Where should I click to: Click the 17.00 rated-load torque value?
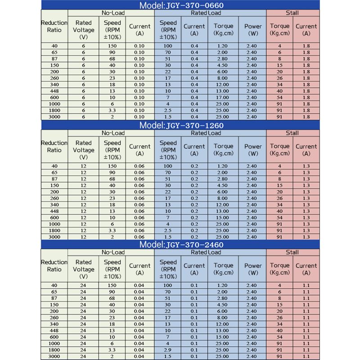(x=223, y=97)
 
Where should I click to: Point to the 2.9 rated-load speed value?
(x=168, y=350)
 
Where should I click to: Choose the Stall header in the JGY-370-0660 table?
(x=292, y=13)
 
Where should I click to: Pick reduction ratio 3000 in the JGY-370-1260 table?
(x=54, y=237)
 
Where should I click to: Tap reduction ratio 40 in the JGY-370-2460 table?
(x=54, y=285)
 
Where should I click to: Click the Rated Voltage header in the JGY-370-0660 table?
(x=83, y=30)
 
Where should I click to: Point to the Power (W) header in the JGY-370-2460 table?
(x=253, y=269)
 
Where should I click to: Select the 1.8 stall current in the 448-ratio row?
(x=306, y=91)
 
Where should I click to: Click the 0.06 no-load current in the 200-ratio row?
(x=139, y=192)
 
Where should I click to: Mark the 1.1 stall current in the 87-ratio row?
(x=306, y=298)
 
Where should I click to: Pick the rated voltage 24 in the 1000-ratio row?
(x=83, y=343)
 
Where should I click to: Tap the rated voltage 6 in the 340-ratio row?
(x=83, y=85)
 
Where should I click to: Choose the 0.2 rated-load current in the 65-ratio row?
(x=194, y=172)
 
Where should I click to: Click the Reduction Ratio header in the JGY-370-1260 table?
(x=54, y=146)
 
